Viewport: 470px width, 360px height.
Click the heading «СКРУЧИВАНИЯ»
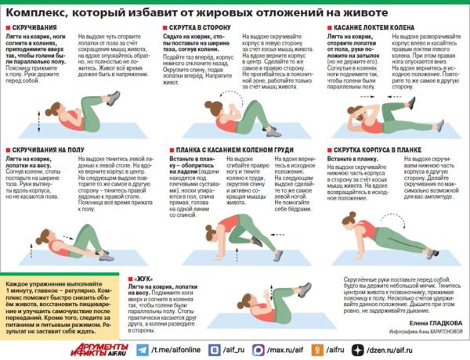(32, 27)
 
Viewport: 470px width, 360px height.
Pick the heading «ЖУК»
(145, 279)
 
